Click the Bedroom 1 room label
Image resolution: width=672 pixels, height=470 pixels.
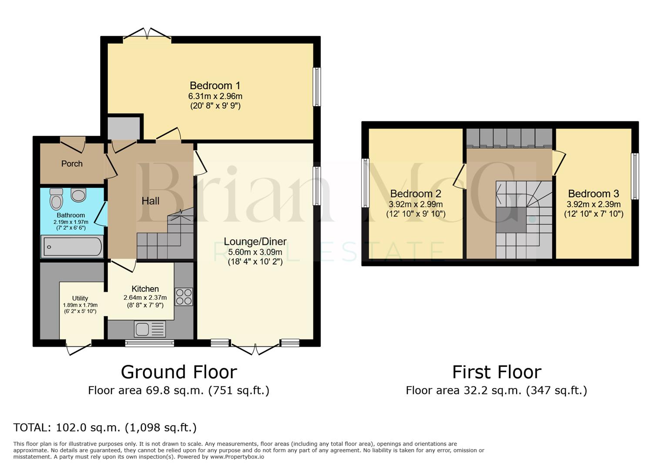[x=215, y=86]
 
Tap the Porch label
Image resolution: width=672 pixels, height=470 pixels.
[x=72, y=164]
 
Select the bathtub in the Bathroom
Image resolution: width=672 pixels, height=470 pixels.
[x=72, y=247]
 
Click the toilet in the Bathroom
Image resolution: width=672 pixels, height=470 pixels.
[x=56, y=200]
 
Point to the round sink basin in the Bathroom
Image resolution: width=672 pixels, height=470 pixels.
[x=78, y=195]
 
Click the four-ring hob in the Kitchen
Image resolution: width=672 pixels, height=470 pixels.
[x=184, y=296]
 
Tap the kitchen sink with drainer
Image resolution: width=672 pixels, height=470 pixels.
[x=150, y=329]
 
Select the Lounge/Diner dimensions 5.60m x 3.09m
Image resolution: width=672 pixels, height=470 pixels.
[x=255, y=252]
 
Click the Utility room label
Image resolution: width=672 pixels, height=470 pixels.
[x=80, y=298]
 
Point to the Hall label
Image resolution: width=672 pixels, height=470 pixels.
[x=150, y=201]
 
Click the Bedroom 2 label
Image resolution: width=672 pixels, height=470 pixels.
[x=416, y=194]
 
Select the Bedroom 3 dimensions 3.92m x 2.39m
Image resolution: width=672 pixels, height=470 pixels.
[x=594, y=204]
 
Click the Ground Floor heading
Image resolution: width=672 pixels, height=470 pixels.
[x=178, y=372]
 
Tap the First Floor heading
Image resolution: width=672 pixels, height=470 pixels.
[x=497, y=372]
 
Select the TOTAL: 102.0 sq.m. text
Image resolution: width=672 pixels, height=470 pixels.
[x=105, y=427]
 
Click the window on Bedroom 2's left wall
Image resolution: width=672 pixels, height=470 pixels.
[x=366, y=183]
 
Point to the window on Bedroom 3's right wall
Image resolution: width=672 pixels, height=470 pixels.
[x=635, y=176]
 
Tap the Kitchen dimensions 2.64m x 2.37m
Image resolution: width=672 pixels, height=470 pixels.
[x=145, y=298]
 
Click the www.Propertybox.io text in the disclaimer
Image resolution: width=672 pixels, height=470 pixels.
[x=237, y=457]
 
